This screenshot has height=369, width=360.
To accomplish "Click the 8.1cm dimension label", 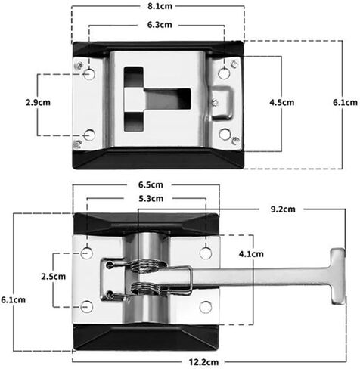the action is point(160,6).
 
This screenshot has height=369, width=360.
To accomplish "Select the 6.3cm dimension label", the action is point(160,25).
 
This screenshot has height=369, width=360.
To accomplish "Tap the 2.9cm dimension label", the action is point(38,102).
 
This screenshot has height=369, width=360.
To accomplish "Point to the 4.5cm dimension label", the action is point(282,102).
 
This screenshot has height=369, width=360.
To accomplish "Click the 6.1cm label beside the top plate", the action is point(345,102).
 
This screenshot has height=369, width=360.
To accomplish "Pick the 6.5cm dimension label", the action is point(151,184).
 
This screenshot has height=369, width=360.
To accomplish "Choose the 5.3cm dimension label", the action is point(151,199).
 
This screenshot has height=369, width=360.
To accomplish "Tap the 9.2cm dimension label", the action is point(283,209).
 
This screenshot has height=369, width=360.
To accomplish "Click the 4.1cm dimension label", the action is point(251,254).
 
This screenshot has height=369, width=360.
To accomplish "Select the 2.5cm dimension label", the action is point(54,277).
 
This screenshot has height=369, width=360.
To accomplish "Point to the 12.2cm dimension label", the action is point(203,362).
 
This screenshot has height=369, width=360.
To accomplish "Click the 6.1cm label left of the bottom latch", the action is point(14,300).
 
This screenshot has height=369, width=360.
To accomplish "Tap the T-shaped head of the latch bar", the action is point(338,276).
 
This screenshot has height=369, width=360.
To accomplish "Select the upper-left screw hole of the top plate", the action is point(89,74).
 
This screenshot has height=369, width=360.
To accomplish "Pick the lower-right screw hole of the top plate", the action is point(225,134).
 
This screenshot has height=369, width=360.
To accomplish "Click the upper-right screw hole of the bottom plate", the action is point(206,253).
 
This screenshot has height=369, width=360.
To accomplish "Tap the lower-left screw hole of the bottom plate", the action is point(87,306).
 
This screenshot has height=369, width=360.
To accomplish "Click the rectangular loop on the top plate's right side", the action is point(222,103).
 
